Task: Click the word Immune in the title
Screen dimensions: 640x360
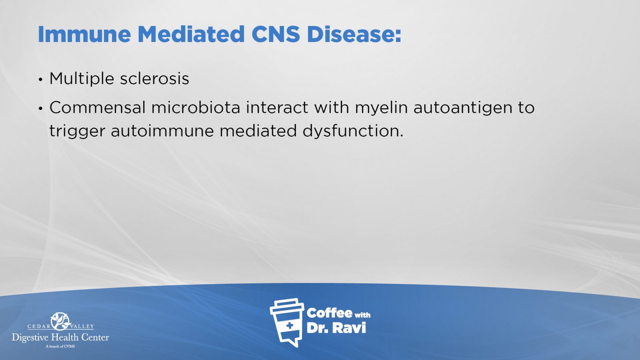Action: coord(84,34)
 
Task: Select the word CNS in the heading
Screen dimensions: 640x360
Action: coord(276,34)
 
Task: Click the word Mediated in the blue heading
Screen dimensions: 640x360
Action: coord(191,34)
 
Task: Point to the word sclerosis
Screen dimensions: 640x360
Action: coord(154,78)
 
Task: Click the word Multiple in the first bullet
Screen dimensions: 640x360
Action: coord(82,78)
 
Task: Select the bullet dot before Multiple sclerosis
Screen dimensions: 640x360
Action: coord(40,80)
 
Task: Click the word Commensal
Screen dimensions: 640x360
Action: coord(98,108)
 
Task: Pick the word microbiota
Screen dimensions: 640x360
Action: coord(196,108)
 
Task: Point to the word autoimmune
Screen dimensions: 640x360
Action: coord(162,131)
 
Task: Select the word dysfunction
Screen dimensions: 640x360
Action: coord(353,132)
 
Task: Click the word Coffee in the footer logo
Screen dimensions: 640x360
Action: coord(329,314)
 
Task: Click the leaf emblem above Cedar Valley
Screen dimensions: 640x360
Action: coord(60,321)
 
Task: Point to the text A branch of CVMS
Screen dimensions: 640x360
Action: coord(60,346)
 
